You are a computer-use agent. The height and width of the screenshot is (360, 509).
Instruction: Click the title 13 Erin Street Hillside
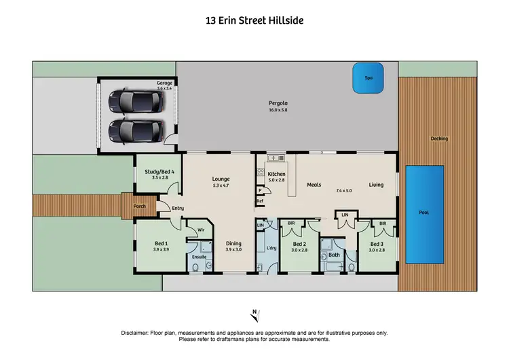[x=254, y=20]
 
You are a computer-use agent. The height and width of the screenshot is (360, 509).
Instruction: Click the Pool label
[x=423, y=213]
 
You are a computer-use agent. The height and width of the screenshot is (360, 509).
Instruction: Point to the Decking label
[x=439, y=139]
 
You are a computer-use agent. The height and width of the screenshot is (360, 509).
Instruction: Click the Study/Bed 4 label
[x=160, y=171]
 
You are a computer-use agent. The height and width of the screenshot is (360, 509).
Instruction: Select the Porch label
[x=139, y=206]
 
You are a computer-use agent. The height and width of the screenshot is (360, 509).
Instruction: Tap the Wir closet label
[x=201, y=230]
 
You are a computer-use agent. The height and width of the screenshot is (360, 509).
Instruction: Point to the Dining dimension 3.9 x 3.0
[x=234, y=249]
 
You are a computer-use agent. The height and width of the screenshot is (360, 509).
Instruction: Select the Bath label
[x=333, y=255]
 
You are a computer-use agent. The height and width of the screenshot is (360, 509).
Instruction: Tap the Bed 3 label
[x=377, y=243]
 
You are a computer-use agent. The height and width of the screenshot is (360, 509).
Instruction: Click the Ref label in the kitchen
[x=260, y=201]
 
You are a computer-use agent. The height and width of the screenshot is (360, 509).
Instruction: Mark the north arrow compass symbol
[x=254, y=314]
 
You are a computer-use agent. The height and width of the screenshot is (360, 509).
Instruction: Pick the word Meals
[x=314, y=185]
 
